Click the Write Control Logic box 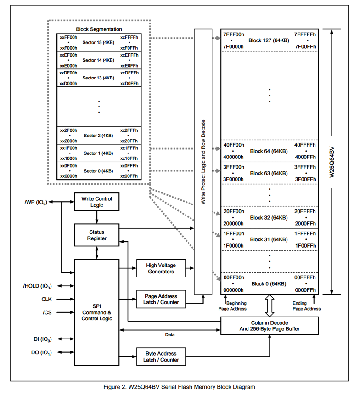[96, 202]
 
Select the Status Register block [96, 235]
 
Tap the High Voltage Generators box [161, 268]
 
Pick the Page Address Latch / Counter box [161, 300]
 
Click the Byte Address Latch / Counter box [161, 356]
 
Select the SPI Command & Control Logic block [96, 312]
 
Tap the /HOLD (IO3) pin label [37, 286]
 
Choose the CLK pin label [46, 299]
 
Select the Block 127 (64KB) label [269, 40]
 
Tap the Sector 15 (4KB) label [98, 42]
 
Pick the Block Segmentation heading [99, 29]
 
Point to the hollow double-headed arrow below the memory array [269, 305]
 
